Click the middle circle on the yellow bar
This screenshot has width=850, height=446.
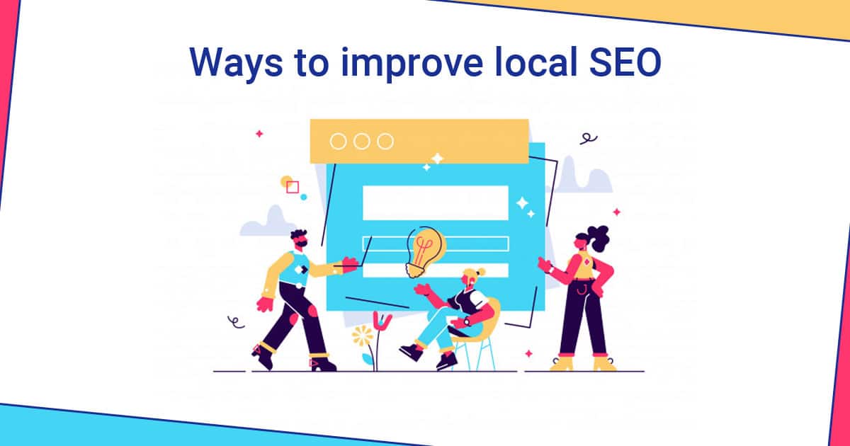tap(362, 142)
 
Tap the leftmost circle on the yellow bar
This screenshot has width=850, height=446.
tap(339, 142)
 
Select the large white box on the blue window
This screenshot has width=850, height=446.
tap(435, 202)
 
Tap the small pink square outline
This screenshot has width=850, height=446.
tap(293, 187)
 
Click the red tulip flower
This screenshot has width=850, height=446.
tap(382, 321)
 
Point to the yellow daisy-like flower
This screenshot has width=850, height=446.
tap(363, 333)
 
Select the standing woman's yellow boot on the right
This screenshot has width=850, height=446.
tap(603, 362)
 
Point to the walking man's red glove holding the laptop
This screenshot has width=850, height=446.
tap(349, 265)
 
